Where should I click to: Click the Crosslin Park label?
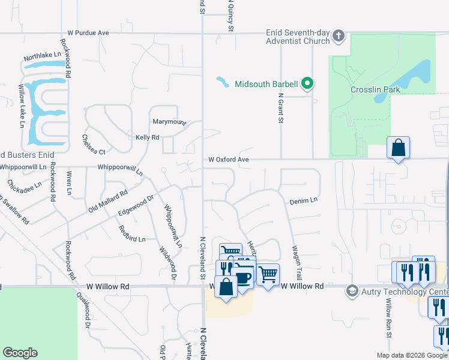pos(376,89)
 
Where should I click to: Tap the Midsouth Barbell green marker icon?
pos(308,83)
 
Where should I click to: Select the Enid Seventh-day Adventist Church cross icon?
pos(339,35)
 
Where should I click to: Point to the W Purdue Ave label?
pos(88,32)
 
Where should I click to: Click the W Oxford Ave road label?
pos(228,160)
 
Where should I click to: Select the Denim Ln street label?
pos(303,202)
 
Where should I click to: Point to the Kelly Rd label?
pos(147,137)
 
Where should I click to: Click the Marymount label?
pos(169,122)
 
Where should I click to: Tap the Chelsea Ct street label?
pos(93,144)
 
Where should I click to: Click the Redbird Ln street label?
pos(132,233)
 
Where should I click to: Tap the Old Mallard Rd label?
pos(108,201)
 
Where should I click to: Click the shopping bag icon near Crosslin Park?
pos(398,148)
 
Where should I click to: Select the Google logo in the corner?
pos(20,353)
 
